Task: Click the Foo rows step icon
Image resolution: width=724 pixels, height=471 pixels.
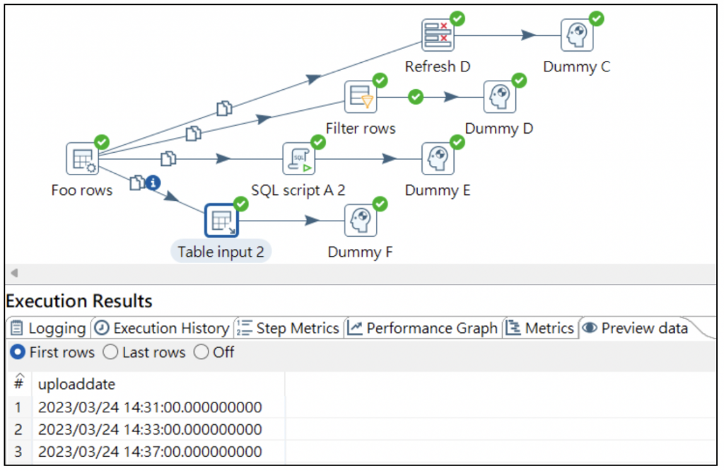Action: pyautogui.click(x=82, y=158)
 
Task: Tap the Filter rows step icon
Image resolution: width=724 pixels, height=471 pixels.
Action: pyautogui.click(x=361, y=97)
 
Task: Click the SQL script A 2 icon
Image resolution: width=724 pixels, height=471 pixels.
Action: pyautogui.click(x=299, y=158)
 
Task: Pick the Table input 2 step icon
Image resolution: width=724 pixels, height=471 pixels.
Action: pyautogui.click(x=221, y=221)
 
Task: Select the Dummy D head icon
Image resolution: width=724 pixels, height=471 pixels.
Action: pyautogui.click(x=500, y=97)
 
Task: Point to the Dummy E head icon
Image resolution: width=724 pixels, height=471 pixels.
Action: pyautogui.click(x=438, y=158)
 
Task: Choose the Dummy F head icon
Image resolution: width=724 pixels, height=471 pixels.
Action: pyautogui.click(x=361, y=221)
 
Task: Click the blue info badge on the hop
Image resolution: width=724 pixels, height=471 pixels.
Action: pyautogui.click(x=153, y=183)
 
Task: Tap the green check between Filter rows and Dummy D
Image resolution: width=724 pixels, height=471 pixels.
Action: pyautogui.click(x=416, y=96)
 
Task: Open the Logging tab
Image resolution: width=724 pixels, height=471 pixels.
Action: pyautogui.click(x=49, y=328)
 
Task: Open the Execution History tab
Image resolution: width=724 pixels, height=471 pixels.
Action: pyautogui.click(x=162, y=328)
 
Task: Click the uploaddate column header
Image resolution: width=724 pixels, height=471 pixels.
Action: pyautogui.click(x=76, y=384)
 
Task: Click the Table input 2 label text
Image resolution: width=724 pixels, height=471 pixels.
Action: pyautogui.click(x=221, y=252)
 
